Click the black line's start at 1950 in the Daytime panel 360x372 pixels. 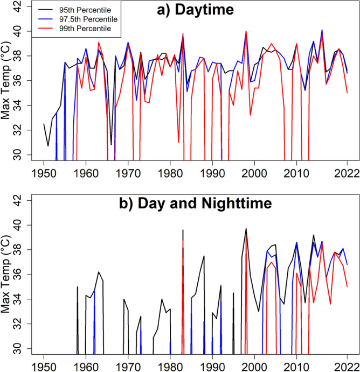coord(44,124)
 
